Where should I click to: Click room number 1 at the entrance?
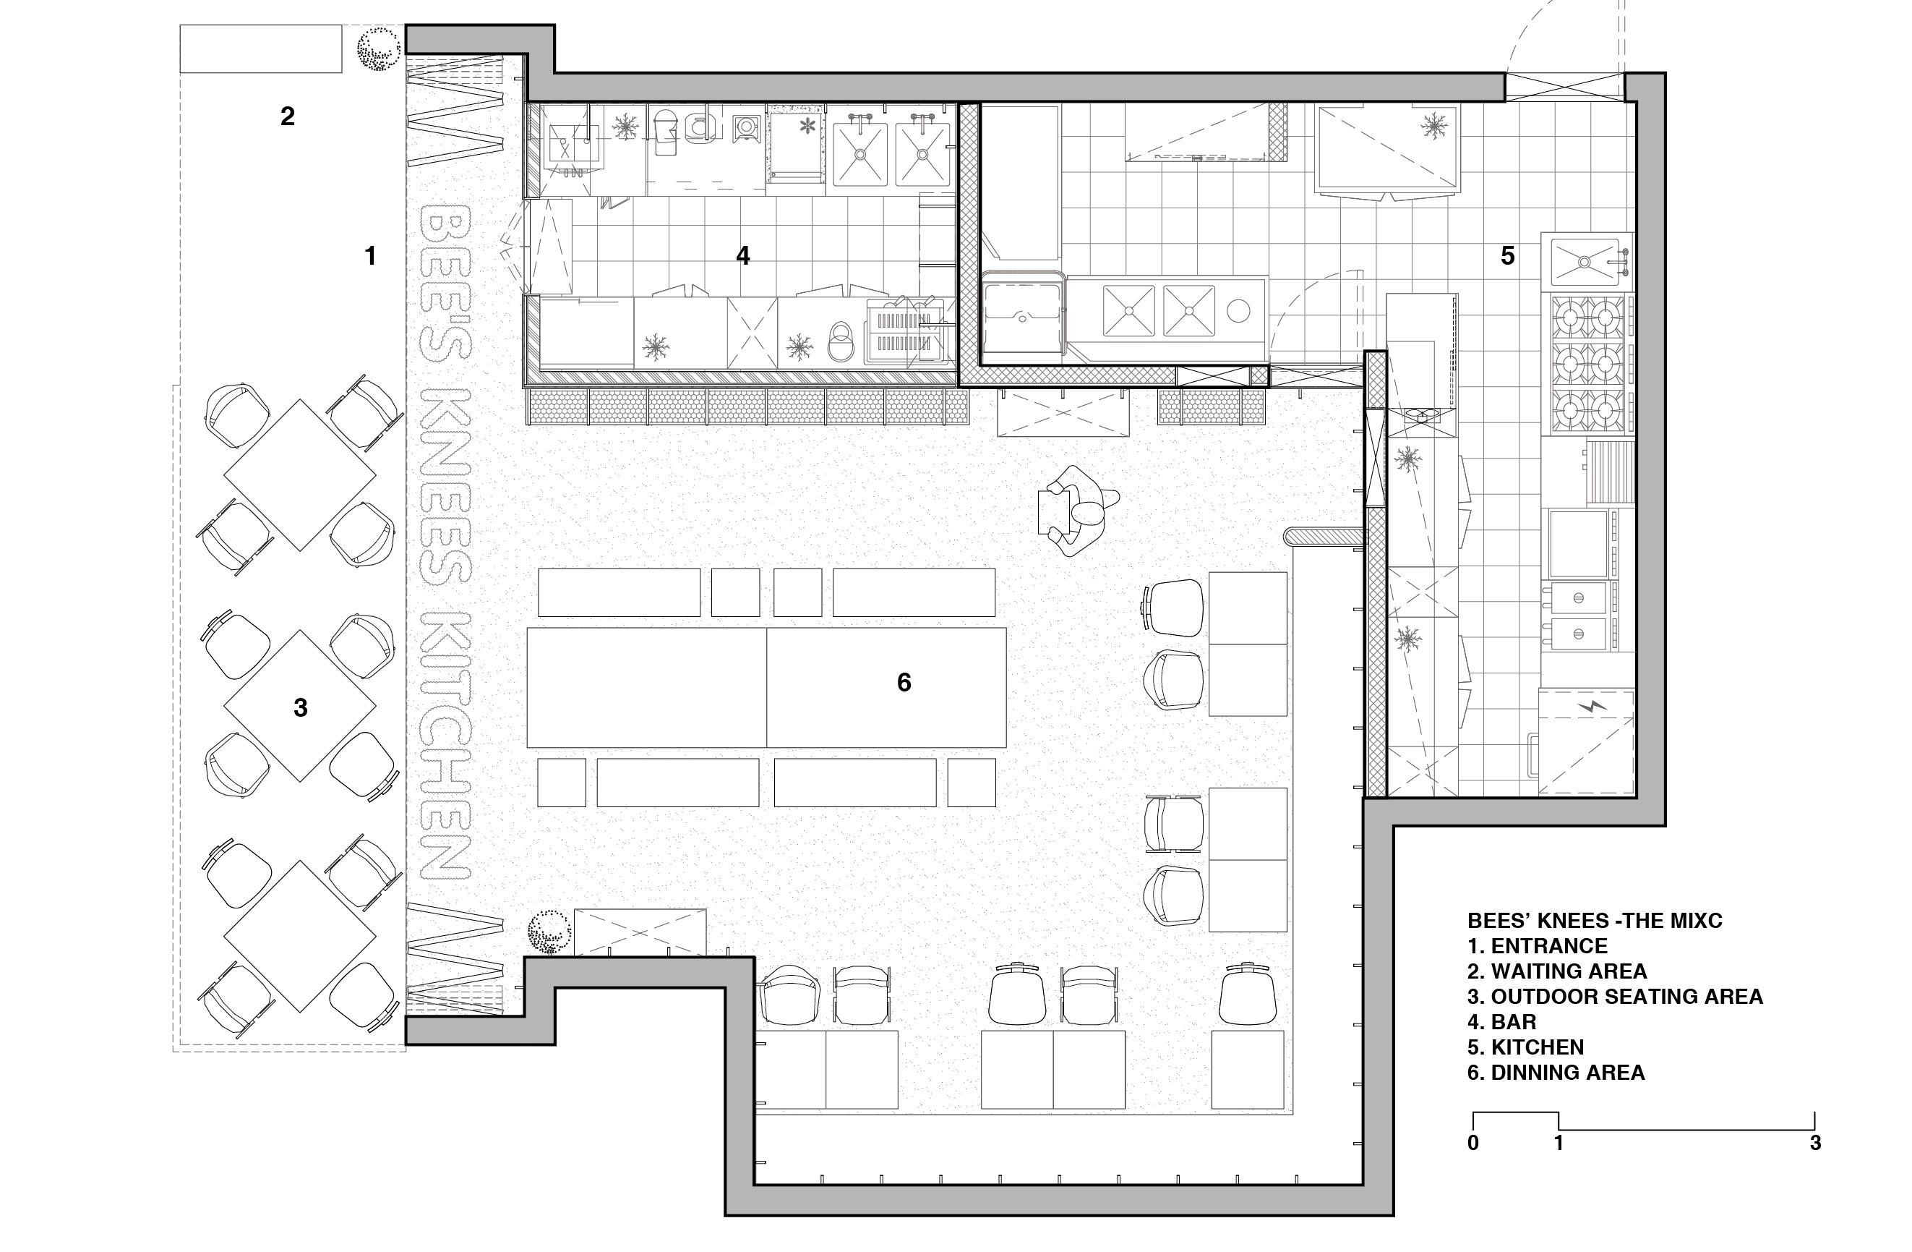point(370,256)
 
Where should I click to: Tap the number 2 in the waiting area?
point(288,116)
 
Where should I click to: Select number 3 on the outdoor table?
point(301,708)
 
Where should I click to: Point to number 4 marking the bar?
point(743,256)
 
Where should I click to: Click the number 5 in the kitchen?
point(1508,256)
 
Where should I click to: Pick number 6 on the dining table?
point(904,682)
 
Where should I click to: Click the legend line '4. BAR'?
point(1501,1022)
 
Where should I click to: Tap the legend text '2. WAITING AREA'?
point(1557,971)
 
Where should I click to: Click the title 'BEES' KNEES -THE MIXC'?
point(1595,920)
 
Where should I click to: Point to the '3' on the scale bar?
point(1816,1143)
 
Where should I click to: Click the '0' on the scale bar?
point(1472,1143)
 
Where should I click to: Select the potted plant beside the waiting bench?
point(378,51)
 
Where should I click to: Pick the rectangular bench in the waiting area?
point(260,49)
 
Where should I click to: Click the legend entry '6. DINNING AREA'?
point(1556,1073)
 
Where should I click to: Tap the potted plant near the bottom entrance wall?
point(549,932)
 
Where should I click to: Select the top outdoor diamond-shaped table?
point(300,475)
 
